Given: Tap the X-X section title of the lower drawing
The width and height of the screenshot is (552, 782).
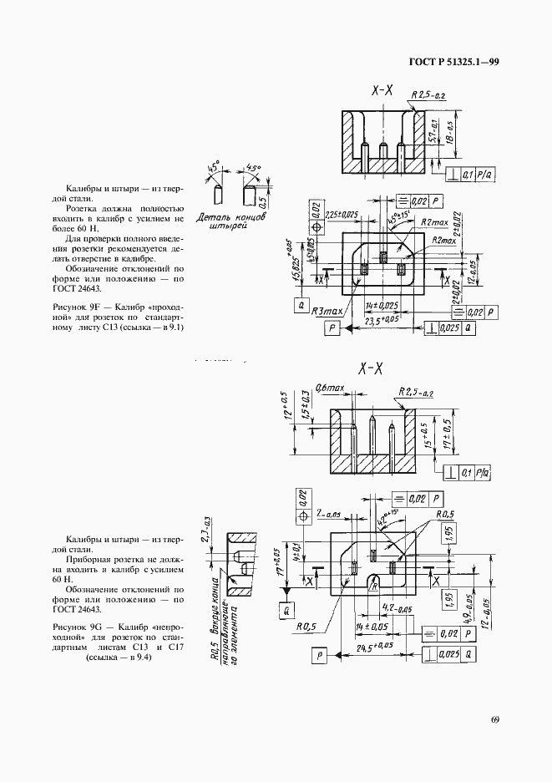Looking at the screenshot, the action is pyautogui.click(x=370, y=368).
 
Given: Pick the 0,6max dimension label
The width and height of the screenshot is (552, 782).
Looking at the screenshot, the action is pyautogui.click(x=330, y=388).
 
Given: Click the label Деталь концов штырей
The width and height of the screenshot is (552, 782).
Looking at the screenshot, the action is pyautogui.click(x=233, y=221).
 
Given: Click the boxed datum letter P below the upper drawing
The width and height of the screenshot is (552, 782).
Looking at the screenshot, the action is pyautogui.click(x=332, y=329).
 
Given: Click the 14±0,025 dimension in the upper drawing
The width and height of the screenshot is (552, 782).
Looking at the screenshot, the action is pyautogui.click(x=381, y=307).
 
